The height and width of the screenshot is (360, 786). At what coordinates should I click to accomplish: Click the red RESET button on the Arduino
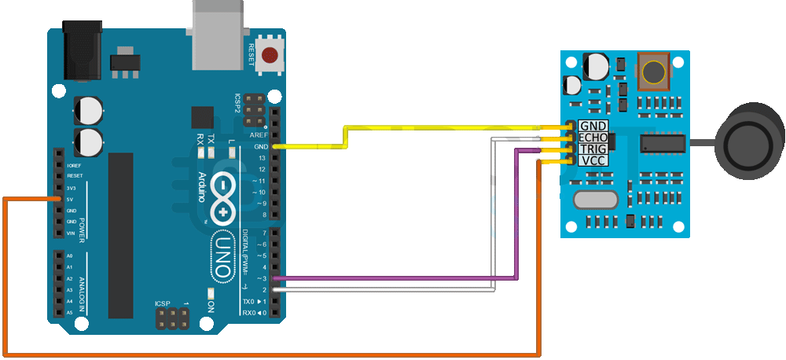271,55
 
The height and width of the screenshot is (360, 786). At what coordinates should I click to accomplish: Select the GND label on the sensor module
593,126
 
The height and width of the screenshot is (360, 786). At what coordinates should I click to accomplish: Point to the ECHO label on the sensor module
593,138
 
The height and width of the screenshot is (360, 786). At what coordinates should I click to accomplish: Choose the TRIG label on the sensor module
593,149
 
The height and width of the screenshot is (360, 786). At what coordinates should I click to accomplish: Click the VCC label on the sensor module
593,160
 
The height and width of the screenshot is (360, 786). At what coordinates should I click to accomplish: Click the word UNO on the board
222,255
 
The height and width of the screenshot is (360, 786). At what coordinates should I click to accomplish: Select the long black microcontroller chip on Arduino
122,235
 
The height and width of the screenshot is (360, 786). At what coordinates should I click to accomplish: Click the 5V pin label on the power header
72,200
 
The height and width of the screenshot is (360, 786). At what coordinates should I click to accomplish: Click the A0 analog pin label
70,256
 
